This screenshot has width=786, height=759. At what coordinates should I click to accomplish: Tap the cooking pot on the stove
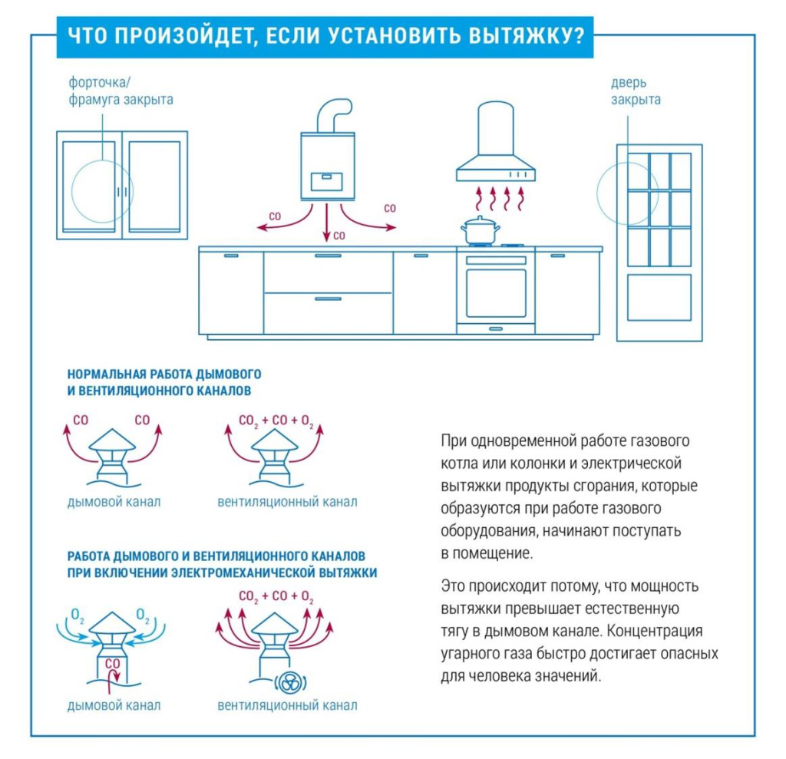click(x=481, y=230)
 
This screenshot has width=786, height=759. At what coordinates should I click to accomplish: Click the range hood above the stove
click(x=496, y=141)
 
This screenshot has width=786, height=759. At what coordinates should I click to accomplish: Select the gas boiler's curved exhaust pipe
click(x=334, y=115)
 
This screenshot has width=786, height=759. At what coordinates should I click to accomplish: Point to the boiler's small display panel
click(x=327, y=181)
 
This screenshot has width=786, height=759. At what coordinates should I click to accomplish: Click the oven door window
click(x=496, y=293)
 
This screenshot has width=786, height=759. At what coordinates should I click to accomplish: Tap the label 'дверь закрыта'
click(x=635, y=91)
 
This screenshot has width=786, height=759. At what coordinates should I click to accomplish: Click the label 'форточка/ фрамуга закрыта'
click(x=121, y=91)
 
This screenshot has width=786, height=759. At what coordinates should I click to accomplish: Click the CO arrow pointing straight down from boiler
click(x=327, y=223)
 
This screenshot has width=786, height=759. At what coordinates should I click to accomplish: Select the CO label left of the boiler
click(x=276, y=216)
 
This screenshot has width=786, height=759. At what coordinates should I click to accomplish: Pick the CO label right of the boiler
click(x=389, y=208)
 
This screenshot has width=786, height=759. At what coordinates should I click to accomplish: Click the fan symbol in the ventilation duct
click(x=290, y=682)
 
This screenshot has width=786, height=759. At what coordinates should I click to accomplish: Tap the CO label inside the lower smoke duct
click(x=112, y=663)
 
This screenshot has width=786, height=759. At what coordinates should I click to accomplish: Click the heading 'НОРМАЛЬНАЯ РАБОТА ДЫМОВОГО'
click(x=164, y=374)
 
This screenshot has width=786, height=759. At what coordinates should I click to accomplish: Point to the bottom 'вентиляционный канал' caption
click(x=287, y=705)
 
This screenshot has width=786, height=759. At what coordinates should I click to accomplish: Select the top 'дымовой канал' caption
click(x=114, y=501)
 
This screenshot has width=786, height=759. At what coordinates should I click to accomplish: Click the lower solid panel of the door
click(x=659, y=297)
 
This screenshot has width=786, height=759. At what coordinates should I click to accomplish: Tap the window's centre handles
click(x=122, y=192)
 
